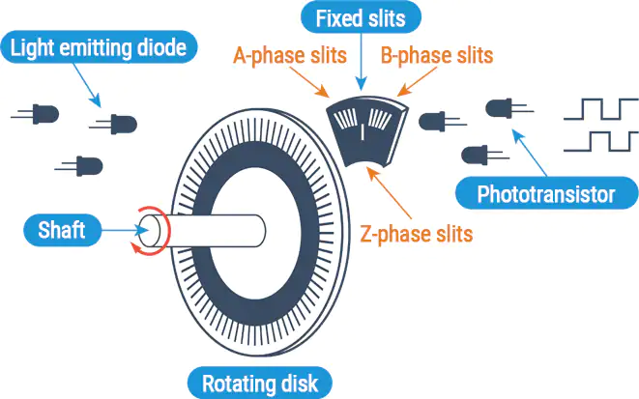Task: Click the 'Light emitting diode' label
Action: coord(101,45)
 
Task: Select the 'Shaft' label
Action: coord(62,230)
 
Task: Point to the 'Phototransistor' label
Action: coord(546,195)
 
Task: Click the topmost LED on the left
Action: coord(43,113)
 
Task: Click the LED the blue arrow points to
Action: coord(121,123)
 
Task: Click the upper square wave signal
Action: coord(600,108)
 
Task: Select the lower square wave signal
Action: coord(600,142)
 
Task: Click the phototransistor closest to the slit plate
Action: coord(435,122)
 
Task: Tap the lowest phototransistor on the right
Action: coord(478,155)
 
